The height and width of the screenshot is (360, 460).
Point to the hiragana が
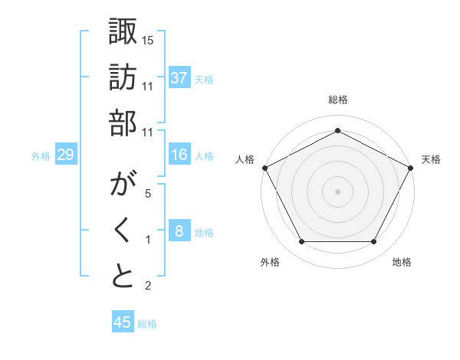tap(123, 187)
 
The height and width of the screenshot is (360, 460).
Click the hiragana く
tap(123, 231)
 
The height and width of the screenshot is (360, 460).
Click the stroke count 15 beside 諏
tap(148, 39)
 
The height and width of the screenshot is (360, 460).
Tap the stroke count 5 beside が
tap(148, 195)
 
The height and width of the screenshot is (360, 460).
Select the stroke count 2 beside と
tap(148, 286)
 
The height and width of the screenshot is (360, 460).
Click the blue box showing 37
tap(179, 77)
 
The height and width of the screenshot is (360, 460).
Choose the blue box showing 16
tap(179, 155)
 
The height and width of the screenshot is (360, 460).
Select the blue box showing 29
tap(65, 155)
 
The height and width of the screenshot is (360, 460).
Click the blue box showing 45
tap(123, 322)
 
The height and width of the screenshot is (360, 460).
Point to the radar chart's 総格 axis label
tap(337, 100)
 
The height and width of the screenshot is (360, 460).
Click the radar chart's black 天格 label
tap(431, 159)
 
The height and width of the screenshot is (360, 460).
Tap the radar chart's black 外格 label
tap(270, 263)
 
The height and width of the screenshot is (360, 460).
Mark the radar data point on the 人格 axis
tap(264, 167)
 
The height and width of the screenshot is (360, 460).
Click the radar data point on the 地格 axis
tap(374, 242)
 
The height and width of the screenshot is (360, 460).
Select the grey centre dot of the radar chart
tap(337, 191)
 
